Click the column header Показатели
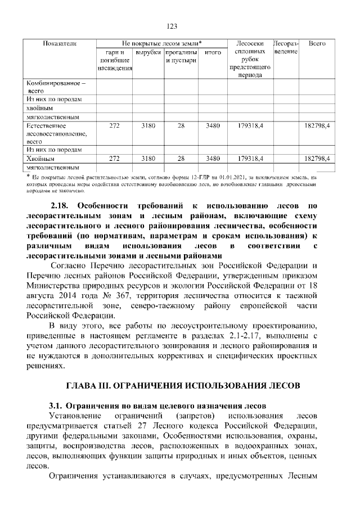coord(60,43)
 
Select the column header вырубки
coord(148,51)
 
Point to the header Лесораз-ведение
coord(285,47)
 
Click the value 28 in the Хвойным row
coord(181,159)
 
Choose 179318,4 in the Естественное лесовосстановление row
coord(250,126)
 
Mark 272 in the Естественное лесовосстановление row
coord(114,126)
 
